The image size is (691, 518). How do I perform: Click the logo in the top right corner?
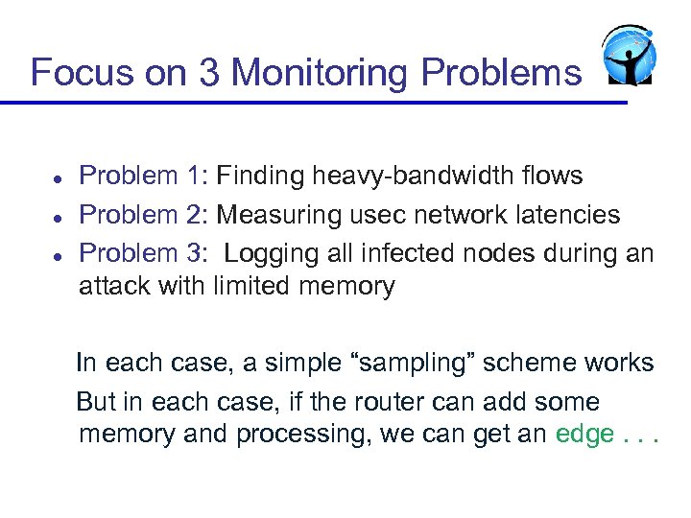point(628,56)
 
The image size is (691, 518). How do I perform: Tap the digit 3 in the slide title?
point(210,72)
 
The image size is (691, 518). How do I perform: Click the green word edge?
point(584,435)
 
